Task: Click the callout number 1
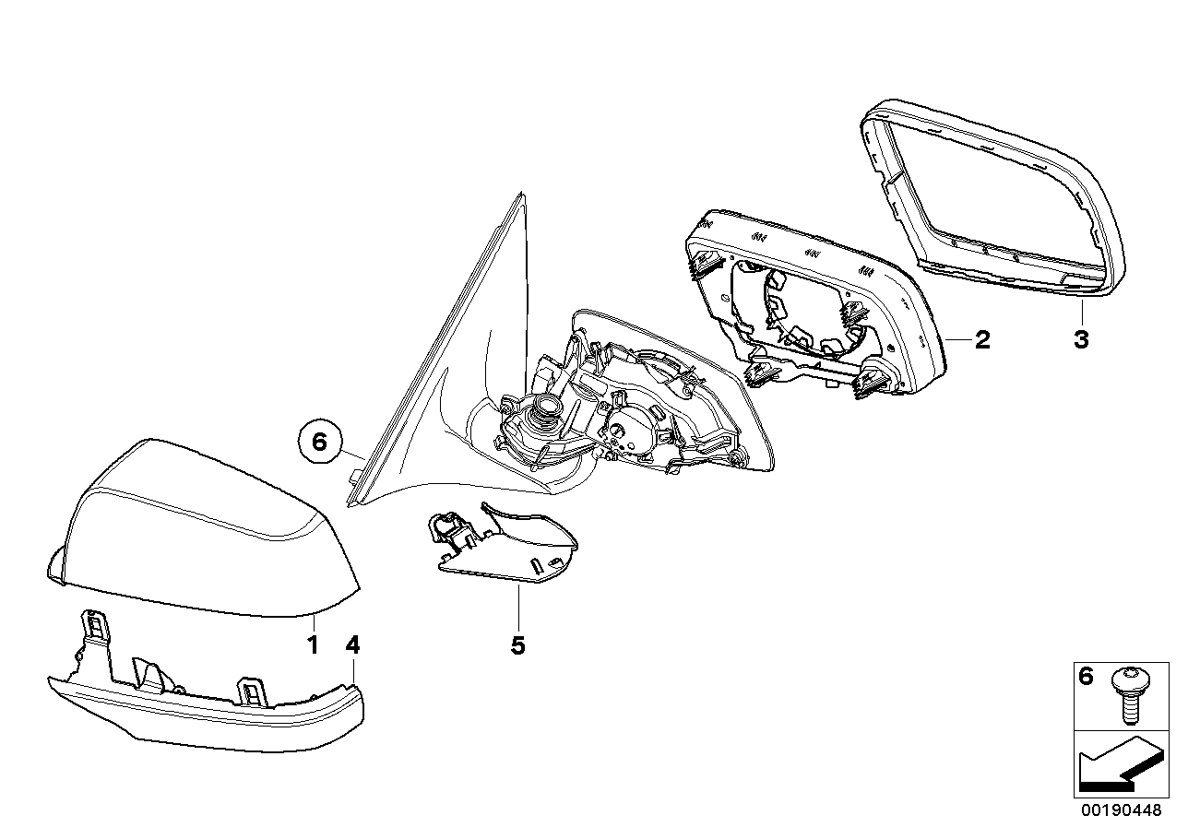tap(313, 644)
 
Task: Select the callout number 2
tap(981, 340)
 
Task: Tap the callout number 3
tap(1081, 339)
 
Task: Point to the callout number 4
tap(352, 644)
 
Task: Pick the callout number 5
tap(517, 645)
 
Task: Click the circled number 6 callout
tap(320, 443)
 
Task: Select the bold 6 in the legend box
tap(1086, 678)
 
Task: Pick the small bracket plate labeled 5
tap(503, 549)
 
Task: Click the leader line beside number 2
tap(957, 340)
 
